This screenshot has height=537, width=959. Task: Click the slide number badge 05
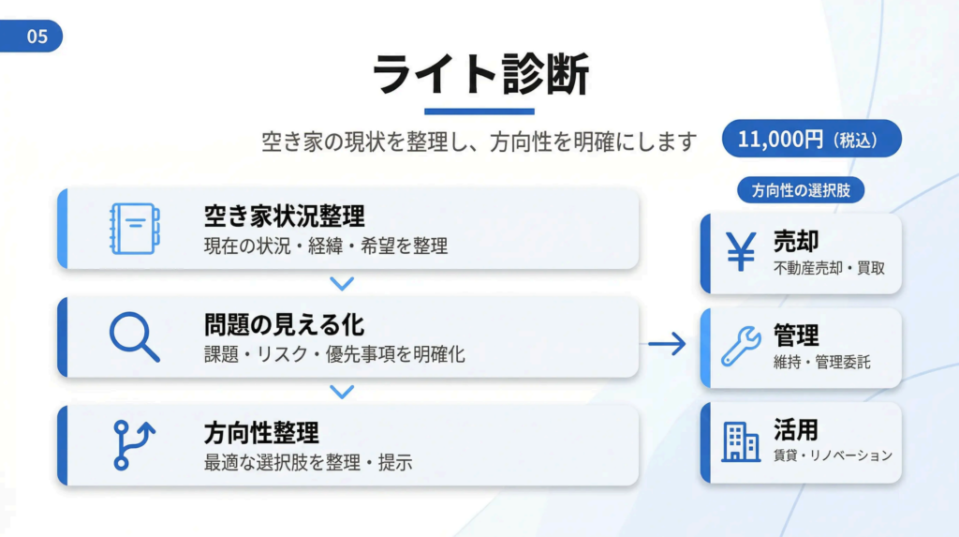click(x=31, y=37)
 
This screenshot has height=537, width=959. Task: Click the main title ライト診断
click(x=480, y=74)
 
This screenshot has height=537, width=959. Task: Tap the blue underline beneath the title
click(x=479, y=112)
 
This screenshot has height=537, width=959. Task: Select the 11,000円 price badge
click(x=812, y=139)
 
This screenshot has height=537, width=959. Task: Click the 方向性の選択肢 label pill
click(x=801, y=190)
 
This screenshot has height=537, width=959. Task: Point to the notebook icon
click(x=135, y=229)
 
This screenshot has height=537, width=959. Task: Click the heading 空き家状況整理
click(x=285, y=216)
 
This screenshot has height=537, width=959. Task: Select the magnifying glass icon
click(x=135, y=336)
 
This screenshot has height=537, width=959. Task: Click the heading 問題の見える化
click(x=285, y=324)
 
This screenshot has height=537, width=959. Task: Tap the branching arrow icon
click(x=134, y=445)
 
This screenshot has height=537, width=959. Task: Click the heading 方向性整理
click(x=261, y=433)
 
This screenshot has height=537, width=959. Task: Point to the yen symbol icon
click(x=742, y=251)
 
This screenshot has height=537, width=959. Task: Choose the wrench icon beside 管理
click(x=741, y=346)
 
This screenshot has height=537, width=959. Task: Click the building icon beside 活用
click(x=741, y=441)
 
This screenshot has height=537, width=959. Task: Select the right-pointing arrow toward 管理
click(x=667, y=344)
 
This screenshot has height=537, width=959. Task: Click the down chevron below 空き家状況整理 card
click(x=342, y=284)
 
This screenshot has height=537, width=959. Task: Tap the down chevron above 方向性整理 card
click(x=342, y=391)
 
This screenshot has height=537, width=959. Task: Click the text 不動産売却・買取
click(x=830, y=268)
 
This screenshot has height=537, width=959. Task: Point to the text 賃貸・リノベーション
click(x=833, y=455)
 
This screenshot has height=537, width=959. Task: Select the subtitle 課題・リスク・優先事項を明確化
click(x=334, y=354)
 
